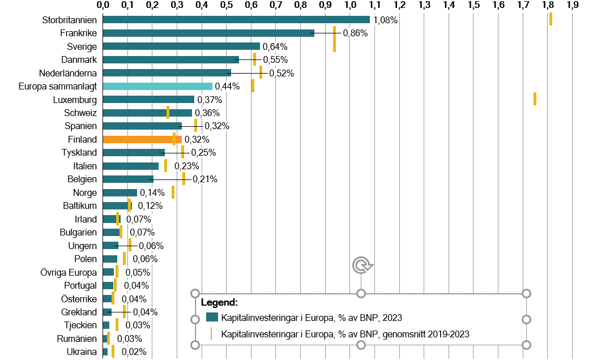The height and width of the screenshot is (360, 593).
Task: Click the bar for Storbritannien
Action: (236, 20)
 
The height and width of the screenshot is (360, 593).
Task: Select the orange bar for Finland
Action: (142, 139)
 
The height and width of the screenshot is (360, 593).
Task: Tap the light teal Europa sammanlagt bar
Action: (157, 86)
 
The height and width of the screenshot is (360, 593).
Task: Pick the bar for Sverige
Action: (181, 46)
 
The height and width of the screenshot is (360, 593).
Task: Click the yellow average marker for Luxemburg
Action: (535, 99)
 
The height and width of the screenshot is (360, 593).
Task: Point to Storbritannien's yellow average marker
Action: (551, 19)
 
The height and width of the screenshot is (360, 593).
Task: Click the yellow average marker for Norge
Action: (173, 192)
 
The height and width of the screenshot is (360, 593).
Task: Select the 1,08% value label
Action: (385, 20)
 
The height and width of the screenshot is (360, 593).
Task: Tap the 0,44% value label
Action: (228, 87)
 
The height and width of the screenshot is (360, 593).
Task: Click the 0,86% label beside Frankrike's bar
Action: (355, 33)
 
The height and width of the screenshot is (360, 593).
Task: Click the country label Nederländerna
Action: (68, 73)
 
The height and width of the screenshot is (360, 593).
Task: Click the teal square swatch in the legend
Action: (212, 318)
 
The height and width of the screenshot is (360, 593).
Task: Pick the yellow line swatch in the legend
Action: (211, 333)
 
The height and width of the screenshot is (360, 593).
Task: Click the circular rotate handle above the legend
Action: (361, 264)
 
